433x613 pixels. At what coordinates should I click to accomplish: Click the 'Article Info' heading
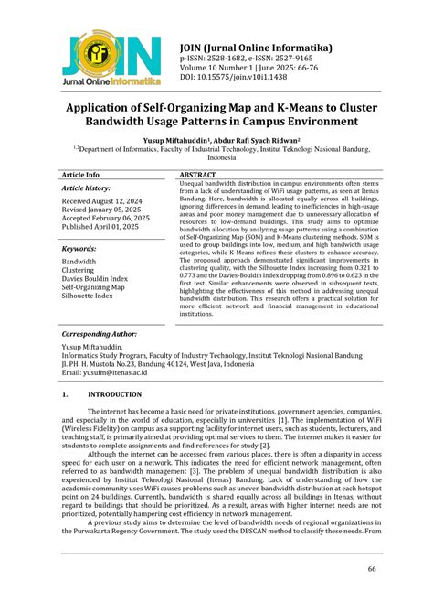80,174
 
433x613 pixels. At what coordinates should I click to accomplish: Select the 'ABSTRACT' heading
197,174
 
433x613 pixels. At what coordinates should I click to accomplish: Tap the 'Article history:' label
85,188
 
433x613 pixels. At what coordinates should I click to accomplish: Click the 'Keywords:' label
79,248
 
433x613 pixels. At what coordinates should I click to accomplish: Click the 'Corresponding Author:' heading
98,336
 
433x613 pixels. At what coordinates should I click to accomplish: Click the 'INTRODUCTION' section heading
115,394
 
